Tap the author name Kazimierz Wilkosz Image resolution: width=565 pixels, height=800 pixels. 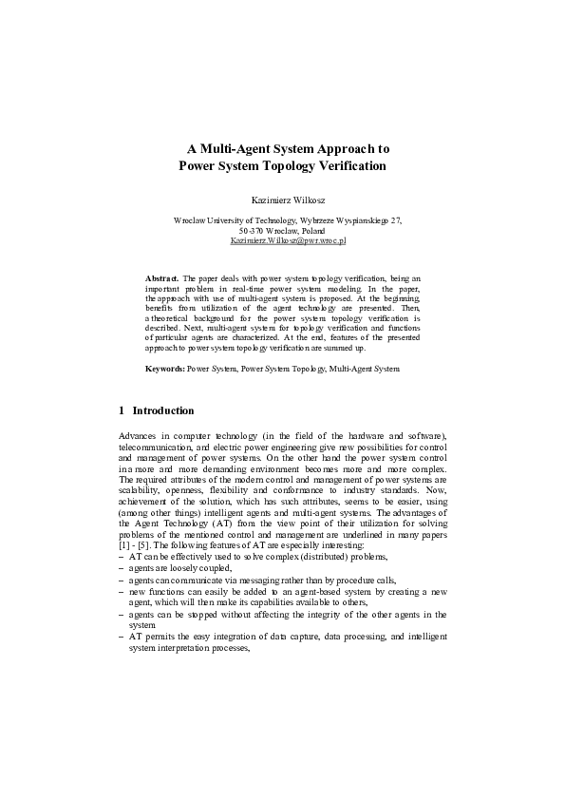click(282, 200)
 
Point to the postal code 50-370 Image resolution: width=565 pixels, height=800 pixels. click(252, 231)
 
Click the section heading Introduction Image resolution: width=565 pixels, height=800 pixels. click(163, 410)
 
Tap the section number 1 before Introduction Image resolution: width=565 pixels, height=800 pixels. click(122, 410)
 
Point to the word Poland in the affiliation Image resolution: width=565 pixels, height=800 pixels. click(311, 231)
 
